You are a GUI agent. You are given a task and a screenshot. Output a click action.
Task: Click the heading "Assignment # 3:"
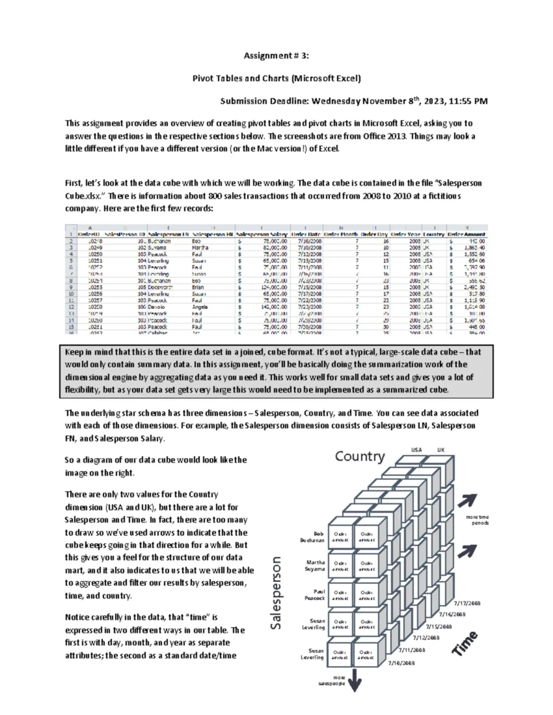click(x=276, y=56)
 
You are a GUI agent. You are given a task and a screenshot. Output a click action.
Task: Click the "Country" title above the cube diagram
click(x=359, y=457)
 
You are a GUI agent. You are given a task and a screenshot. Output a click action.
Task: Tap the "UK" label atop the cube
click(x=441, y=450)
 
